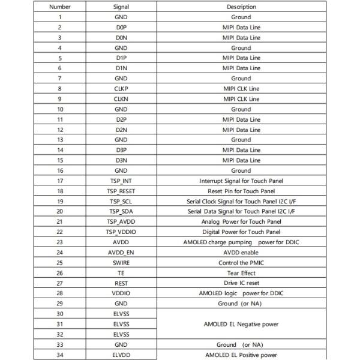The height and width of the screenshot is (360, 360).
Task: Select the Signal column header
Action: [121, 7]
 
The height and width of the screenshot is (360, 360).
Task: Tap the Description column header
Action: [241, 7]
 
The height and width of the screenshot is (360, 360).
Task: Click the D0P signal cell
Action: [121, 27]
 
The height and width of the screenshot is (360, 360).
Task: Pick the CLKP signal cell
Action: [121, 88]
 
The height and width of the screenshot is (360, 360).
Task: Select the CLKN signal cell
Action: [121, 98]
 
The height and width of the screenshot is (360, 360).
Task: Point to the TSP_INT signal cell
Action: [121, 181]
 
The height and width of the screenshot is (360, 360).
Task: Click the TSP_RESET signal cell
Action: [121, 191]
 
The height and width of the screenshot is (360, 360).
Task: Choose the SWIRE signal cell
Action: [121, 262]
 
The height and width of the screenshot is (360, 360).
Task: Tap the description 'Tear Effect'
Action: [241, 272]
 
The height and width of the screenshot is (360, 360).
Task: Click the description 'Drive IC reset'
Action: [241, 283]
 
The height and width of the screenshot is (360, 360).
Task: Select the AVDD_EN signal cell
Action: [121, 252]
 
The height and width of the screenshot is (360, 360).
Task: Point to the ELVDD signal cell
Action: [121, 355]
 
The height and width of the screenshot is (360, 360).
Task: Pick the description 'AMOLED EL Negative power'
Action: [241, 324]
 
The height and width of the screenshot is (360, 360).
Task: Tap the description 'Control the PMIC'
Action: [241, 262]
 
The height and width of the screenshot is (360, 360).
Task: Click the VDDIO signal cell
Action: [121, 293]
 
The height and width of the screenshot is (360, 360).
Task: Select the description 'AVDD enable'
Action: [241, 252]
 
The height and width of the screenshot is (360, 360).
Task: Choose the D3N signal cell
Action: [121, 160]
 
